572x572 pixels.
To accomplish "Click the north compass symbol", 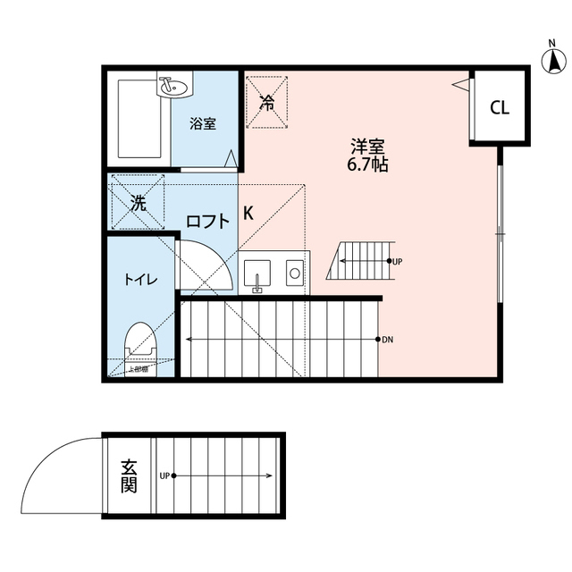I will (553, 60).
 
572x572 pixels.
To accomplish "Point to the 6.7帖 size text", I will (367, 165).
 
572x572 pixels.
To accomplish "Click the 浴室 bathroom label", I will (202, 124).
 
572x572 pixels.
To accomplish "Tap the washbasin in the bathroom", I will (173, 88).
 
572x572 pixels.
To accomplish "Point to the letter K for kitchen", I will (248, 214).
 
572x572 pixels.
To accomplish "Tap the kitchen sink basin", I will (258, 272).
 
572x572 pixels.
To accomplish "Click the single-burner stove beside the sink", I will (293, 272).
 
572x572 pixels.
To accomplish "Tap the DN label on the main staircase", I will (387, 340).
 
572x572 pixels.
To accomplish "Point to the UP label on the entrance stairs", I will (165, 475).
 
